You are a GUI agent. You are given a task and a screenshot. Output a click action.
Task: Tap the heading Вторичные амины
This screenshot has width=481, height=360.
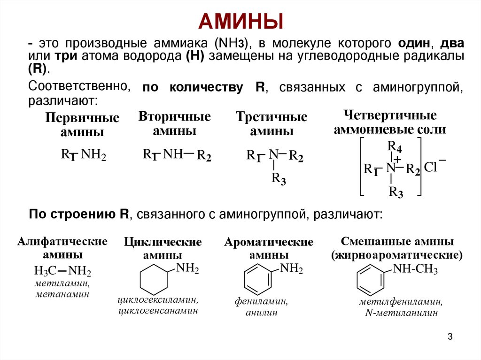pos(174,123)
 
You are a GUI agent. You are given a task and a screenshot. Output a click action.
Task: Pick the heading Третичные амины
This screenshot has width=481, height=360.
pos(272,124)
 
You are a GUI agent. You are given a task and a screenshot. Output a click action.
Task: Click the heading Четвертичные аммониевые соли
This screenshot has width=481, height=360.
pos(390,122)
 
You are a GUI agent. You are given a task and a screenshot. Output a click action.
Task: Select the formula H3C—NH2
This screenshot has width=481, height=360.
pos(62,271)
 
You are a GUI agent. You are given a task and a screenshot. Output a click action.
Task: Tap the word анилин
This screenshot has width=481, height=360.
pos(261,312)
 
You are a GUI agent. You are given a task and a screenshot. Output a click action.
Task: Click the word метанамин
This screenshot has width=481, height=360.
pos(62,294)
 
